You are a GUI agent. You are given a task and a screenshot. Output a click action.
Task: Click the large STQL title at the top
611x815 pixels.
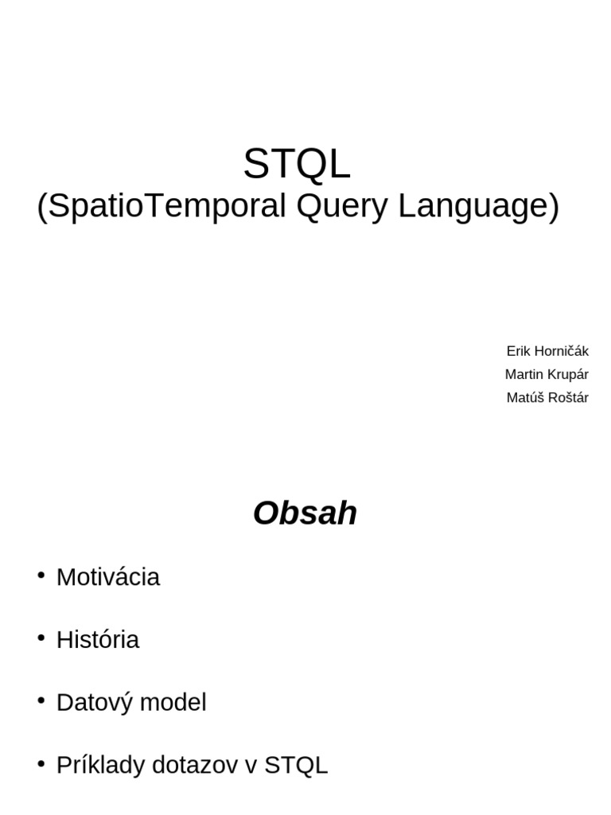pyautogui.click(x=296, y=165)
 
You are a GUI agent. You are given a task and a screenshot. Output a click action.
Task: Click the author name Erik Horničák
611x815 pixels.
pyautogui.click(x=547, y=351)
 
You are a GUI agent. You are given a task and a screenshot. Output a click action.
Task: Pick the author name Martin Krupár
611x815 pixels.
pyautogui.click(x=547, y=374)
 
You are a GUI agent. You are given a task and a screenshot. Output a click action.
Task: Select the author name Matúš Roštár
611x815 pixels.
pyautogui.click(x=547, y=398)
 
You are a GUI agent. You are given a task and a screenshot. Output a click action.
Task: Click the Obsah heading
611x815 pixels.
pyautogui.click(x=305, y=514)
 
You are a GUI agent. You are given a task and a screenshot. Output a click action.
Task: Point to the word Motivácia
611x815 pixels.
pyautogui.click(x=108, y=577)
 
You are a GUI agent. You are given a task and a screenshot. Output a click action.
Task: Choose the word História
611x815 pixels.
pyautogui.click(x=98, y=640)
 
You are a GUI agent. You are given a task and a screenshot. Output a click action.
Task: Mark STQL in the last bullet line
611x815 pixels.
pyautogui.click(x=295, y=766)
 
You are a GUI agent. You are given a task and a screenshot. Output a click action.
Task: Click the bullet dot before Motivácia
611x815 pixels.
pyautogui.click(x=41, y=575)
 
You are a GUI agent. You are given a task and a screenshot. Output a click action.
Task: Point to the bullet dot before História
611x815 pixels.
pyautogui.click(x=41, y=638)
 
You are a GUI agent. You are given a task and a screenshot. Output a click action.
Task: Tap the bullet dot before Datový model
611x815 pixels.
pyautogui.click(x=41, y=701)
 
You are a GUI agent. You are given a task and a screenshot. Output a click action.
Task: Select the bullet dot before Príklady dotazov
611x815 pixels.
pyautogui.click(x=41, y=764)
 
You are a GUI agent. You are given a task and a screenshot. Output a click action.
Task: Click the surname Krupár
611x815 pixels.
pyautogui.click(x=566, y=374)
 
